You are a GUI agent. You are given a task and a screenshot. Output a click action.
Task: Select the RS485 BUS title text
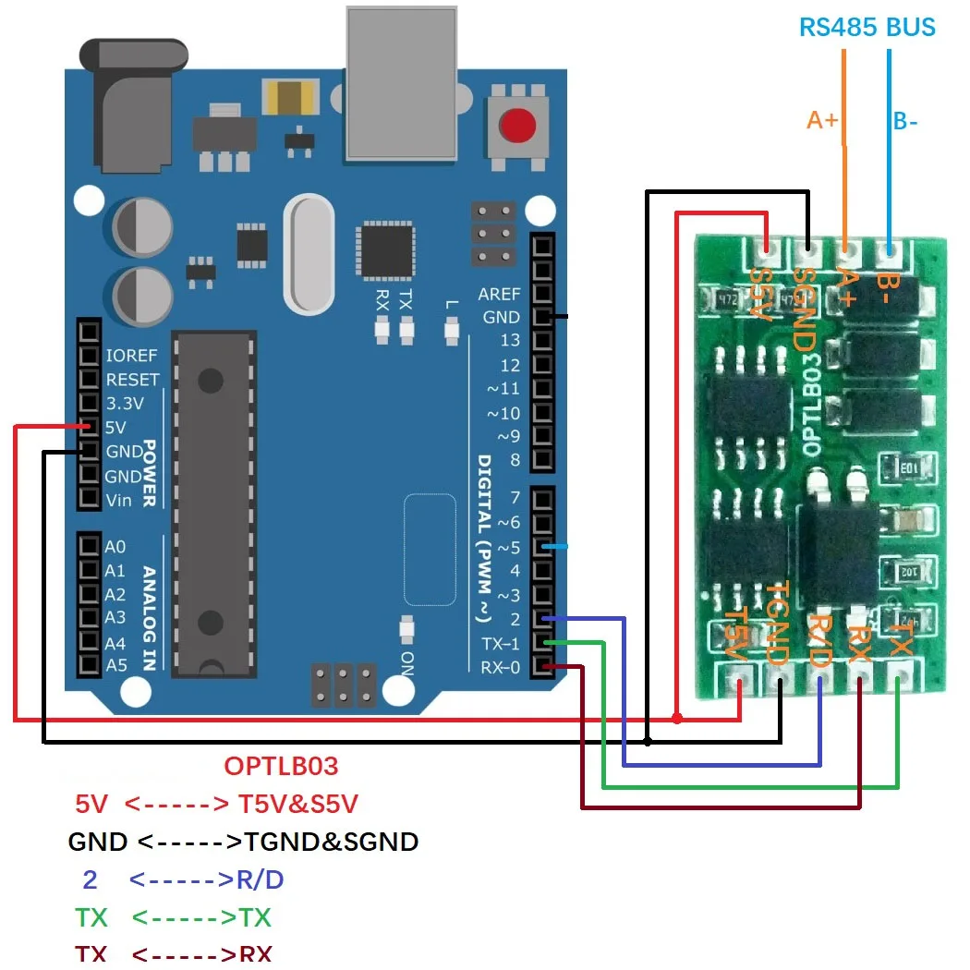867,27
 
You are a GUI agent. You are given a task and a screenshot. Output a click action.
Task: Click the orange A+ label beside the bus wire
822,120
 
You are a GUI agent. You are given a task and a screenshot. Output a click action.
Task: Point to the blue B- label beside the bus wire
904,121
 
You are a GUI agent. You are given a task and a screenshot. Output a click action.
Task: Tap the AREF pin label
499,294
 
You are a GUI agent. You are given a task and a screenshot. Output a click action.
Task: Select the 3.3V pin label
126,404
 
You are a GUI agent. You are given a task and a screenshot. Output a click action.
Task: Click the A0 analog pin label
115,547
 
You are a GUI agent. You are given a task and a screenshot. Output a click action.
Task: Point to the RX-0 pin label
501,667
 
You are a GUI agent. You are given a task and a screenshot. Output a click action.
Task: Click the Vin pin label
119,500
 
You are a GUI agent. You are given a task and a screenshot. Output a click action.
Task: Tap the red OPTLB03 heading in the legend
281,766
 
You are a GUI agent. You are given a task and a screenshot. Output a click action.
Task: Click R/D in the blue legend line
260,879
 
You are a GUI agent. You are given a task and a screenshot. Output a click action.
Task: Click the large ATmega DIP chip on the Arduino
213,500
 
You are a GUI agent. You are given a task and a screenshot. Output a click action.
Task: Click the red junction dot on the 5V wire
678,718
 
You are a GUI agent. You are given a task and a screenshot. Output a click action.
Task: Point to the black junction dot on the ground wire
648,741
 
